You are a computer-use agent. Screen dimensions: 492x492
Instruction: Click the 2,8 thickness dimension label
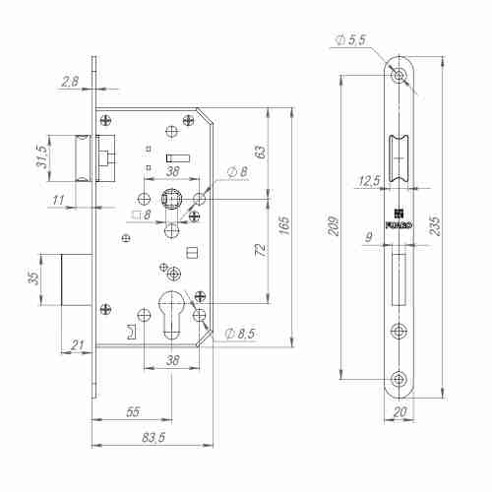pyautogui.click(x=71, y=82)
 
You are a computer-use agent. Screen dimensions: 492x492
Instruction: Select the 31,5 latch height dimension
pyautogui.click(x=42, y=156)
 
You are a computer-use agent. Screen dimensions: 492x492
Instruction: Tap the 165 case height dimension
pyautogui.click(x=284, y=225)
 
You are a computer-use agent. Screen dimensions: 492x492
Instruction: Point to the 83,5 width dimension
pyautogui.click(x=154, y=438)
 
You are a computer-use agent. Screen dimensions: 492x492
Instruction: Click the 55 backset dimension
pyautogui.click(x=133, y=412)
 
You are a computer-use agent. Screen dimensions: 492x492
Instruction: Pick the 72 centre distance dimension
pyautogui.click(x=261, y=250)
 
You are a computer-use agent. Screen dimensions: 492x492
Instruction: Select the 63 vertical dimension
pyautogui.click(x=261, y=152)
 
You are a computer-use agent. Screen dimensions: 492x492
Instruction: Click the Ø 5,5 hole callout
pyautogui.click(x=350, y=40)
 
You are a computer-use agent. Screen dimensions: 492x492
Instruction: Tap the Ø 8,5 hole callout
pyautogui.click(x=240, y=334)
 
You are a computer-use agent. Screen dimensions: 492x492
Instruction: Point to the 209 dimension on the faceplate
pyautogui.click(x=334, y=225)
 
